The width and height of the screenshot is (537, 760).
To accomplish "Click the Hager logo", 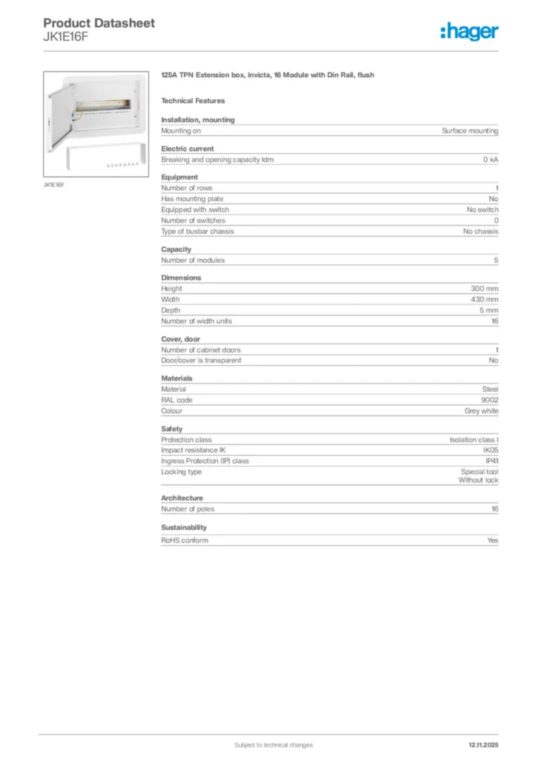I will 469,32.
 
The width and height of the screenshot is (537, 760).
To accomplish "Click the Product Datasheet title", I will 99,23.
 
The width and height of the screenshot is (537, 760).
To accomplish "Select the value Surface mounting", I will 470,131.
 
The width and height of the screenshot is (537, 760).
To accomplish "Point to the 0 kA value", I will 490,160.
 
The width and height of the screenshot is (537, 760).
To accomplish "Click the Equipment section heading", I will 179,177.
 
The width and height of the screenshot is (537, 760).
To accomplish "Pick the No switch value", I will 477,209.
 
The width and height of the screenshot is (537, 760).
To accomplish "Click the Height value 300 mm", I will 484,288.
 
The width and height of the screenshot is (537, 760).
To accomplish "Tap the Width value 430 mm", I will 484,299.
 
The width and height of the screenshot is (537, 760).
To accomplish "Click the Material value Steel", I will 490,388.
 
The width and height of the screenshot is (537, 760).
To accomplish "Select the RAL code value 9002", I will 490,399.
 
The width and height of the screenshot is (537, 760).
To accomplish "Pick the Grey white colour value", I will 481,410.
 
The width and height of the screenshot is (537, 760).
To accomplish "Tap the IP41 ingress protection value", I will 491,461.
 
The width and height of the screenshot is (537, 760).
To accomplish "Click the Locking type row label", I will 181,471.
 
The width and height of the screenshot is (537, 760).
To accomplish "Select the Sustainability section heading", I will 184,527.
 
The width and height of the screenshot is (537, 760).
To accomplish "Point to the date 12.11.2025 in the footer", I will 484,744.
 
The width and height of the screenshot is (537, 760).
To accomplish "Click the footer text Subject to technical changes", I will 273,744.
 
